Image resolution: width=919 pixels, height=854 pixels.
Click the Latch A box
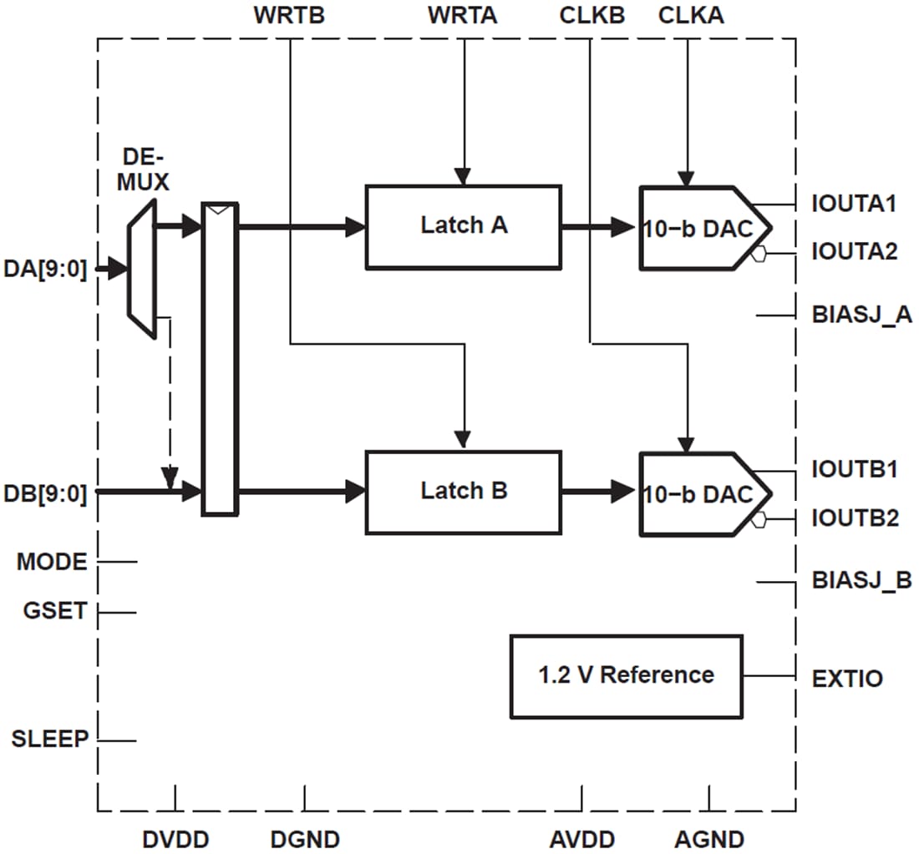click(x=463, y=227)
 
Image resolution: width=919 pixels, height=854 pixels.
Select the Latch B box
click(x=463, y=493)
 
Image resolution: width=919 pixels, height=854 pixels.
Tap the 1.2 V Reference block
click(x=626, y=676)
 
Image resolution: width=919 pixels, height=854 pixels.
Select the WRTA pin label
click(x=462, y=15)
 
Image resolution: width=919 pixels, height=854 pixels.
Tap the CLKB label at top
click(x=592, y=15)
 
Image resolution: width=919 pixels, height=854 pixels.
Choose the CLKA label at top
click(x=692, y=15)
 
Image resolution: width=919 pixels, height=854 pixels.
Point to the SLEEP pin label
click(x=49, y=739)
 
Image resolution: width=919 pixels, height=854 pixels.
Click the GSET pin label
click(x=54, y=611)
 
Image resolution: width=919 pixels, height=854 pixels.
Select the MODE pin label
click(x=52, y=562)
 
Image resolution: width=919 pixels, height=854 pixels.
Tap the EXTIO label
click(x=846, y=678)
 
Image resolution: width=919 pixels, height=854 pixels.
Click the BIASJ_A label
click(x=861, y=315)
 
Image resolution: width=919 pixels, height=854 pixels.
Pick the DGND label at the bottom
click(x=305, y=839)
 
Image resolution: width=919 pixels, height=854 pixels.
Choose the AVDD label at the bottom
click(x=582, y=839)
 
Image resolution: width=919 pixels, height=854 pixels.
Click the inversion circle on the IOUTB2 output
click(x=759, y=520)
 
